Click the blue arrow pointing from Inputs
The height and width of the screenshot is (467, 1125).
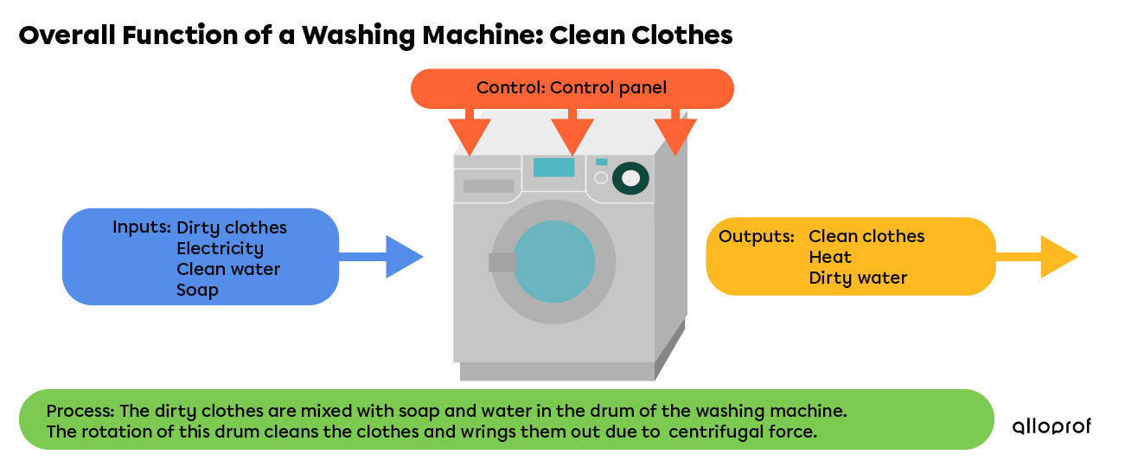[393, 257]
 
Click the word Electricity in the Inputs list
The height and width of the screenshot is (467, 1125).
[220, 249]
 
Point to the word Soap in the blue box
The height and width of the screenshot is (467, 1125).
[197, 291]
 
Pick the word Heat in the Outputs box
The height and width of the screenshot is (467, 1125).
[830, 257]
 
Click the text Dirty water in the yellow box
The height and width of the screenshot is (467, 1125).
[858, 278]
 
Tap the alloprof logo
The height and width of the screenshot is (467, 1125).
[1051, 426]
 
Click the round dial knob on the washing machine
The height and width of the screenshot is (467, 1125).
[631, 178]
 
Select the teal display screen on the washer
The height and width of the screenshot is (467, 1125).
[553, 167]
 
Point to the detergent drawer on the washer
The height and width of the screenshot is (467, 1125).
[489, 186]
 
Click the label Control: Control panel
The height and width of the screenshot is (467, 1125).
[572, 88]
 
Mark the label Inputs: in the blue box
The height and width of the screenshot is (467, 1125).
[141, 227]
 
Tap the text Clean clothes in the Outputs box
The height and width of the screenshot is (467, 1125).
[866, 236]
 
